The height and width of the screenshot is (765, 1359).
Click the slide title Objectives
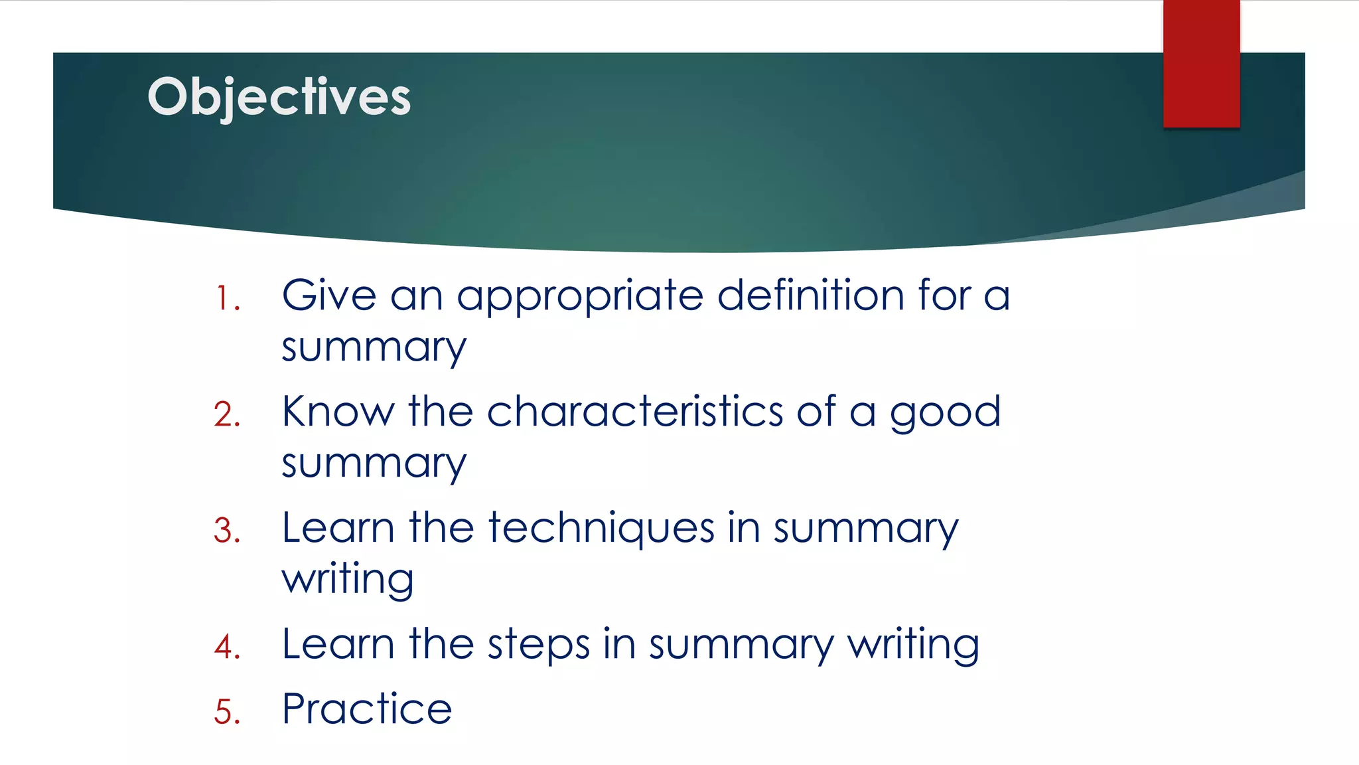click(279, 97)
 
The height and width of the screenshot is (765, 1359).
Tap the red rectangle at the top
click(1201, 64)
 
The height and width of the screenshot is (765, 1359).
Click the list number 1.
click(228, 298)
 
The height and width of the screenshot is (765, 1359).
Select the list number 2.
click(227, 414)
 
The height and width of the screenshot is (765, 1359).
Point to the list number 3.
click(227, 531)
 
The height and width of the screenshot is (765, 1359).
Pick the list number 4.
click(227, 647)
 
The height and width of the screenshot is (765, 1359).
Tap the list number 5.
click(227, 711)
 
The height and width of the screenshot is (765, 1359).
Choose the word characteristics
click(635, 411)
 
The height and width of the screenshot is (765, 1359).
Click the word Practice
click(367, 709)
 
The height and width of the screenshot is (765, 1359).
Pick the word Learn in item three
click(338, 528)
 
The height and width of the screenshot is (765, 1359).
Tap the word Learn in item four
click(338, 644)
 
